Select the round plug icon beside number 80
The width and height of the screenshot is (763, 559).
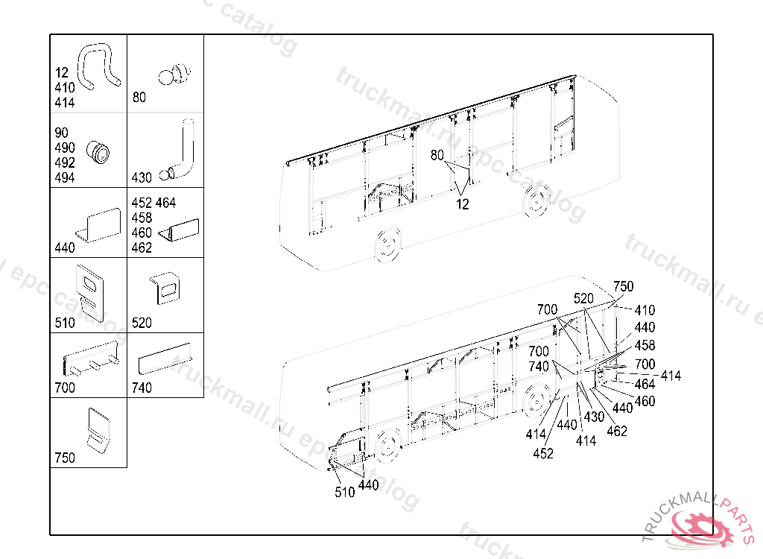(x=176, y=75)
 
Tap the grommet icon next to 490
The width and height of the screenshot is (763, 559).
(x=98, y=152)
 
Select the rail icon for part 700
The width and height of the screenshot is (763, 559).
(x=91, y=360)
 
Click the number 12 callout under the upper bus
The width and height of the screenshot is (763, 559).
(x=463, y=204)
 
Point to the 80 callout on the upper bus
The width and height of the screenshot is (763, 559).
(x=437, y=156)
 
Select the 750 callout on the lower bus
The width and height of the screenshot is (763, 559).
(x=623, y=287)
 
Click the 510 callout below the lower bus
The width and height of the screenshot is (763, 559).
(x=345, y=493)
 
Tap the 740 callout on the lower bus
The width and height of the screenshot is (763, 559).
(x=539, y=367)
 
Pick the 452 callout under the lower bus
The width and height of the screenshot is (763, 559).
(x=543, y=453)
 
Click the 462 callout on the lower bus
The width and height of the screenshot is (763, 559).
(x=617, y=431)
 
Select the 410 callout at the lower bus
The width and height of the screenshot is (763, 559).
(x=645, y=310)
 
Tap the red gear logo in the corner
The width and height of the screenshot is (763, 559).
(x=700, y=526)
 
